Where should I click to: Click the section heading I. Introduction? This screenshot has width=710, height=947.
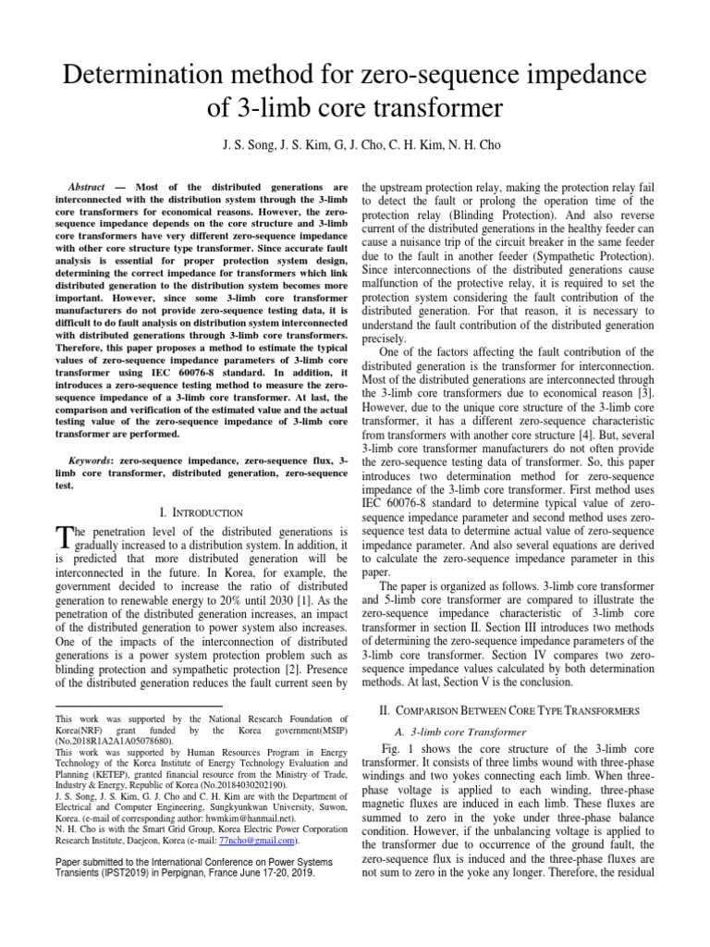coord(202,511)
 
